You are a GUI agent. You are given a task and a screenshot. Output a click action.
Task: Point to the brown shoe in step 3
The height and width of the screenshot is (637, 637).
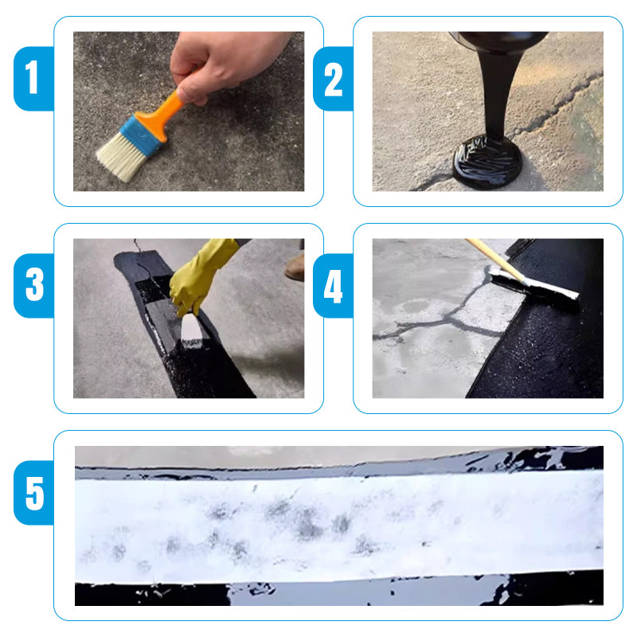(x=295, y=267)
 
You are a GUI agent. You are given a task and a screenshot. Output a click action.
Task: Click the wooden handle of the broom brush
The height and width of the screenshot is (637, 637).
(x=494, y=259)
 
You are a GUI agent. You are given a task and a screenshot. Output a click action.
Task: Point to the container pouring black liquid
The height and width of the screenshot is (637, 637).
(x=498, y=40)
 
